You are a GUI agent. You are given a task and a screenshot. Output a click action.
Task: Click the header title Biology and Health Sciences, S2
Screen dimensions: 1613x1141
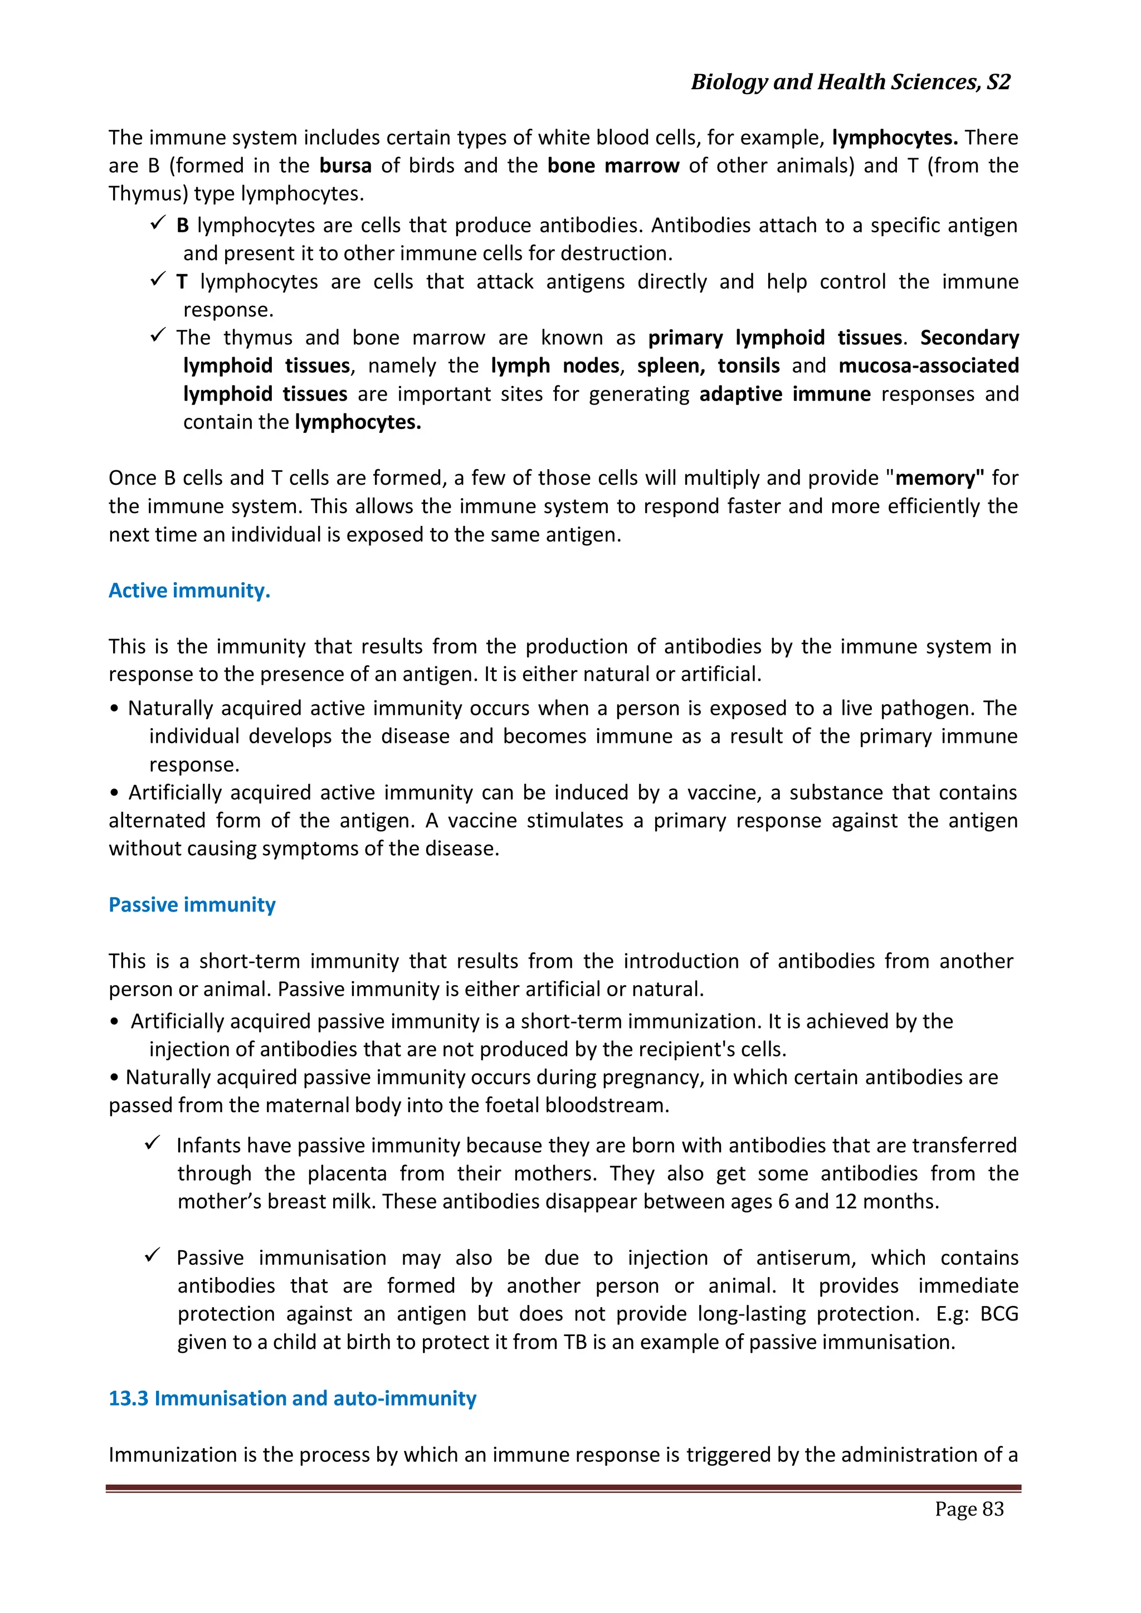tap(850, 82)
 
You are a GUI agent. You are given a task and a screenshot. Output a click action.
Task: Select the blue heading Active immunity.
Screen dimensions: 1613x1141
tap(189, 590)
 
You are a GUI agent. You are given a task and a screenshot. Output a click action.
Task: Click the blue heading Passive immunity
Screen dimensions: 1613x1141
tap(192, 904)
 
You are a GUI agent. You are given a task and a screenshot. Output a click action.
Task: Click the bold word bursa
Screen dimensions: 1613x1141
tap(345, 166)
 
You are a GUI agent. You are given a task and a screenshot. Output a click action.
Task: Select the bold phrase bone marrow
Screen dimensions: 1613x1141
tap(613, 166)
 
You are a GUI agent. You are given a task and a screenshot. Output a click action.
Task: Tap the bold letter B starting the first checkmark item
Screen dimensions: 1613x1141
tap(183, 226)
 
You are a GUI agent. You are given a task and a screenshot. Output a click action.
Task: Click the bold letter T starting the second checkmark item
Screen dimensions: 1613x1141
tap(182, 282)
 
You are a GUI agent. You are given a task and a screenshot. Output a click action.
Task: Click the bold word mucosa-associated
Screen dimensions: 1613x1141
tap(928, 366)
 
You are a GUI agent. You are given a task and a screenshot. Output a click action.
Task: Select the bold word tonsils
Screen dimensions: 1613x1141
tap(748, 366)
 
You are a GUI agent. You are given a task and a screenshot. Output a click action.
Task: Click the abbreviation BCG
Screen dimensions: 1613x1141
tap(998, 1314)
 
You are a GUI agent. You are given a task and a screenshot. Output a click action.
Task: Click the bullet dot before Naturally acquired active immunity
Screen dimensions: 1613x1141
tap(115, 709)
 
